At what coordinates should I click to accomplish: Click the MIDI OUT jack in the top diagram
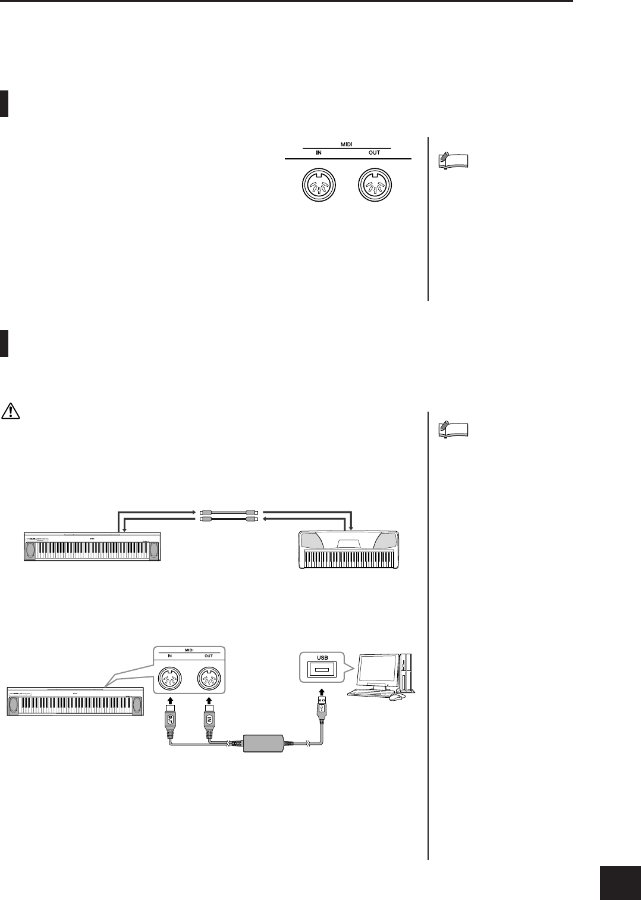(x=375, y=187)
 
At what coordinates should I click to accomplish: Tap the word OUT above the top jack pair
(x=374, y=153)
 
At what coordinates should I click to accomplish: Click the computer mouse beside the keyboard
(x=394, y=698)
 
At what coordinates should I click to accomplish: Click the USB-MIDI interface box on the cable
(x=266, y=744)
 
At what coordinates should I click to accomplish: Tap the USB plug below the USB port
(x=322, y=710)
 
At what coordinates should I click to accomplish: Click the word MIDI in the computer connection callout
(x=190, y=650)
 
